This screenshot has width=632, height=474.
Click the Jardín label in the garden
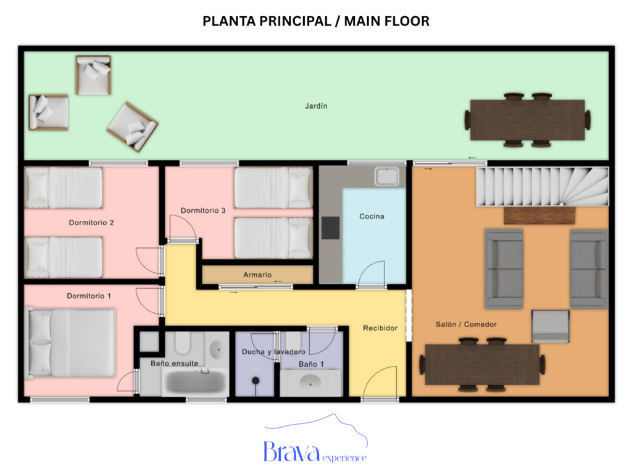[x=316, y=106]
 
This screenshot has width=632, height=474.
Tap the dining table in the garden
[x=527, y=120]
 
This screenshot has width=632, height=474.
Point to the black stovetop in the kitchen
[x=331, y=228]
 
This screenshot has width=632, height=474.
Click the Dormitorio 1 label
[x=89, y=296]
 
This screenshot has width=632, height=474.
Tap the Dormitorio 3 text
[x=203, y=210]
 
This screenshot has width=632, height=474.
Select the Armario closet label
[x=257, y=275]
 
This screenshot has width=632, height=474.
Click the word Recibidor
[x=380, y=328]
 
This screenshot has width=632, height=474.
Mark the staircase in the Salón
[x=541, y=186]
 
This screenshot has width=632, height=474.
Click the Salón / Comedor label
[x=466, y=324]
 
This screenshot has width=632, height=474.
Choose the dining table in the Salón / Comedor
[x=482, y=365]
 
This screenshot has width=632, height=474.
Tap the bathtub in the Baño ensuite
[x=193, y=383]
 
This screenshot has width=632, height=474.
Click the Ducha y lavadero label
[x=272, y=352]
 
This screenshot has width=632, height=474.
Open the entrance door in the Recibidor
[x=379, y=383]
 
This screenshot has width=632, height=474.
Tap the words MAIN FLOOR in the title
[x=387, y=21]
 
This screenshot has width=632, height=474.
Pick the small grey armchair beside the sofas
[x=551, y=326]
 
